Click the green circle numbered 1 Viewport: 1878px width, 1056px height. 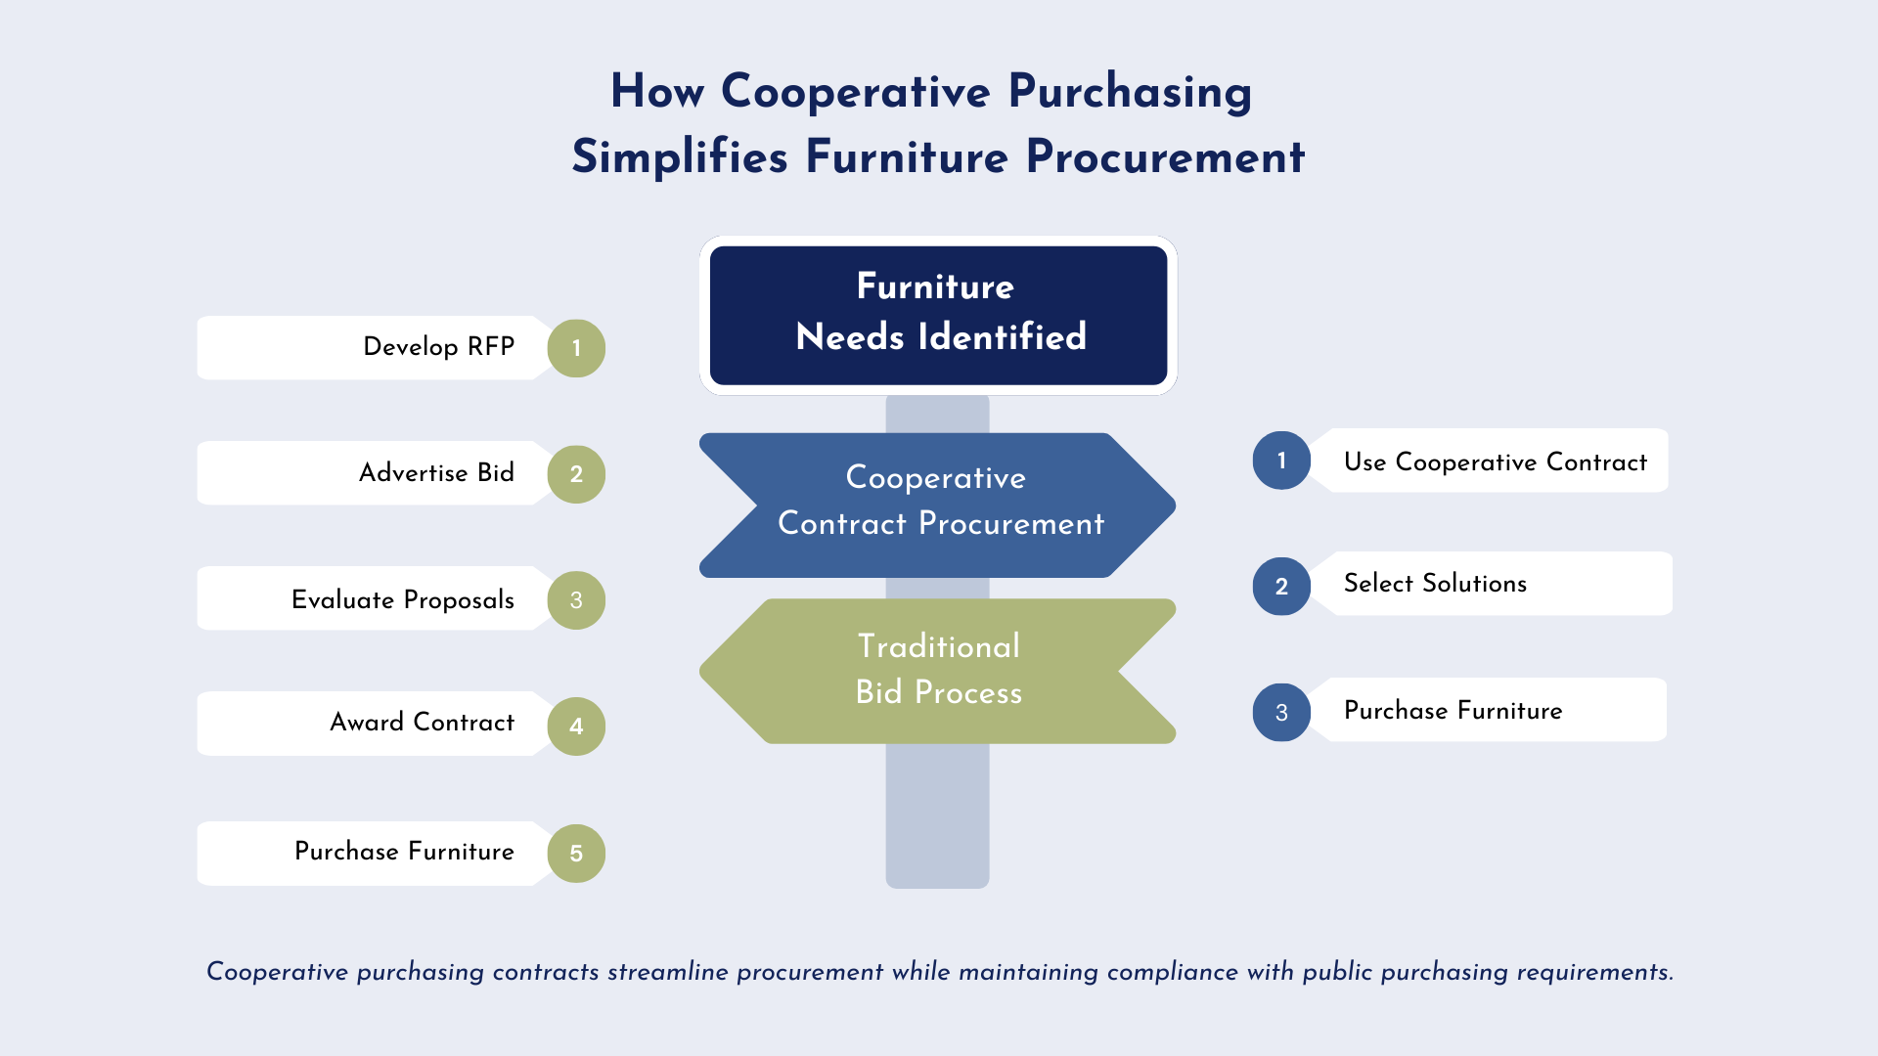point(576,348)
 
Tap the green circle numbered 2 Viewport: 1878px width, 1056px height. point(576,474)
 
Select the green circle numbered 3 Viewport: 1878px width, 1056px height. point(576,600)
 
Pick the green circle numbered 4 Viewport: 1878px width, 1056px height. point(576,726)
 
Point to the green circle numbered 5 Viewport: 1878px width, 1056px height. point(576,854)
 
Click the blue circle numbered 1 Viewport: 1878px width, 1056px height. point(1281,461)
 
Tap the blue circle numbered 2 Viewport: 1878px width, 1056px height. point(1281,587)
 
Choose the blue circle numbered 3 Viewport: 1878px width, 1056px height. point(1281,712)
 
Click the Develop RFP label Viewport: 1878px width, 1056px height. point(438,347)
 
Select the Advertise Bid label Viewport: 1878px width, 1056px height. point(436,473)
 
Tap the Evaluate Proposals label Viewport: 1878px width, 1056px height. point(402,599)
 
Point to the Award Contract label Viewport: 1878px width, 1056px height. point(422,723)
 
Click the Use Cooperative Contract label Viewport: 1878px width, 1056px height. point(1495,462)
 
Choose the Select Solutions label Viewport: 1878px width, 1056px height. point(1435,584)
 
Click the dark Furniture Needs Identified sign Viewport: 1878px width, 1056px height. point(938,315)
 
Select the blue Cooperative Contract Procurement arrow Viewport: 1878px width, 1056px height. point(938,505)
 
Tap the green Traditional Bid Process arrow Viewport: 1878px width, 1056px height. point(938,671)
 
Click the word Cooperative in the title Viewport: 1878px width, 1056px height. point(856,92)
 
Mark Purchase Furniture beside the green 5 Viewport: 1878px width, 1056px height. point(404,852)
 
